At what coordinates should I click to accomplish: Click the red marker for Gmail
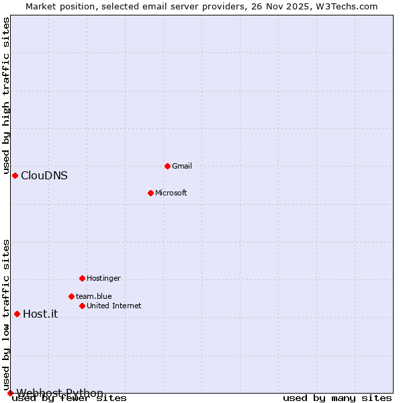(x=167, y=166)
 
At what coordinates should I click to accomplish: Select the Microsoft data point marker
(x=151, y=193)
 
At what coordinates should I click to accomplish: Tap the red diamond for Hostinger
(x=82, y=278)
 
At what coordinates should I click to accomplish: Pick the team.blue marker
(x=71, y=296)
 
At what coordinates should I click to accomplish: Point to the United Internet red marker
(x=82, y=306)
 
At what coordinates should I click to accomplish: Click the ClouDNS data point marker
(x=15, y=175)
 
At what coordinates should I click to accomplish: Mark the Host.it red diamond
(x=17, y=314)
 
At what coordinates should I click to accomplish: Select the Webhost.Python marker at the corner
(x=10, y=393)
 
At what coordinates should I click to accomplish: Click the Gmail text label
(x=182, y=166)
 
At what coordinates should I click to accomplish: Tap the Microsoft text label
(x=171, y=193)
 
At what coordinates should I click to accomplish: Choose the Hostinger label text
(x=103, y=278)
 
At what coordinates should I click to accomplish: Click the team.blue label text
(x=93, y=296)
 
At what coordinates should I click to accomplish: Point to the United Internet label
(x=114, y=306)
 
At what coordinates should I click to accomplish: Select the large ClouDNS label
(x=44, y=176)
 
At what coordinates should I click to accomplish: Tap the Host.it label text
(x=40, y=314)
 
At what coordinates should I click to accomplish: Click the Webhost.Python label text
(x=60, y=393)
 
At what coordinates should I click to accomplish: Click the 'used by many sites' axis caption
(x=337, y=398)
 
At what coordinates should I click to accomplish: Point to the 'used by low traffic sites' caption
(x=7, y=314)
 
